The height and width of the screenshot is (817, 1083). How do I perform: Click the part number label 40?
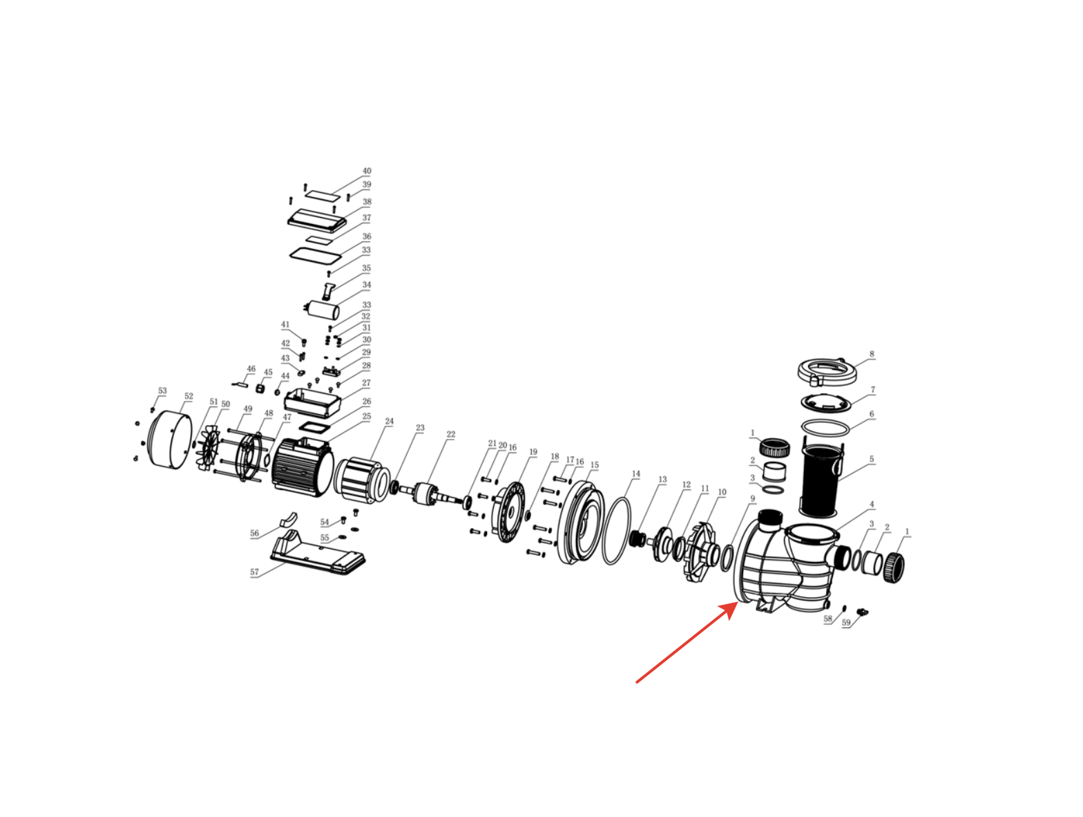(367, 171)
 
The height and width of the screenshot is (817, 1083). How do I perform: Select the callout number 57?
(254, 572)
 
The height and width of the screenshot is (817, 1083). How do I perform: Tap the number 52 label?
(189, 396)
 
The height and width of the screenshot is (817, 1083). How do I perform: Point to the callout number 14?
(636, 474)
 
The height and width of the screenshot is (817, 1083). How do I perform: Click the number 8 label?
(872, 354)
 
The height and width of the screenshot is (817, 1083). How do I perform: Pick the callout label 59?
(846, 623)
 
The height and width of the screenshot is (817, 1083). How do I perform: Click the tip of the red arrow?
(737, 603)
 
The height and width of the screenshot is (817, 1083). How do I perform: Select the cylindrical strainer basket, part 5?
(820, 480)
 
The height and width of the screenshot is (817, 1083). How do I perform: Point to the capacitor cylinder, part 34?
(322, 310)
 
